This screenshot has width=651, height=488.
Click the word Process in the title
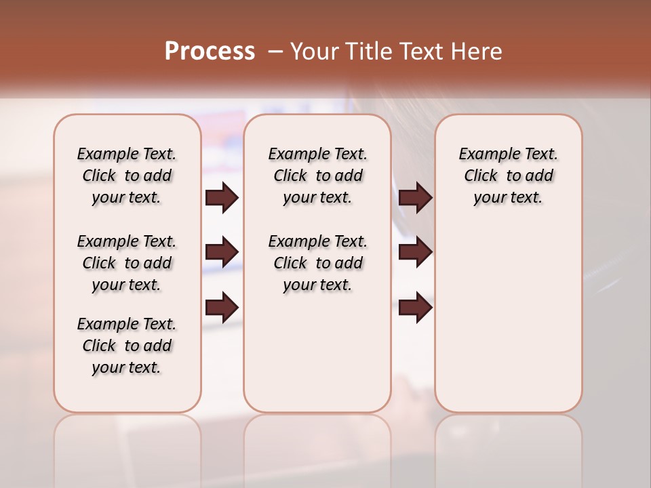pos(210,52)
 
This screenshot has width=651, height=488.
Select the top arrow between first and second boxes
pos(222,197)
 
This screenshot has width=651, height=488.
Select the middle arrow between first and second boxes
pos(222,252)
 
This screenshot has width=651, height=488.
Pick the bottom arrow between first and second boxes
pos(222,308)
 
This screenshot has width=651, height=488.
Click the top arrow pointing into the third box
pos(416,197)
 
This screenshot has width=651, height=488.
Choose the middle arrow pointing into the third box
pos(416,252)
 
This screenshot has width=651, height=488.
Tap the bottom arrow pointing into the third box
pos(416,308)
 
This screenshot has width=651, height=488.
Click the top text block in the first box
pos(127,176)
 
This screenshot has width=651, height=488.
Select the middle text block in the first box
pos(127,263)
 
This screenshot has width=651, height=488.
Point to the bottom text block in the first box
pos(127,346)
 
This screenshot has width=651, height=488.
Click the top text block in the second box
pos(317,176)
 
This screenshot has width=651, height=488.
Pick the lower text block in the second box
pos(317,263)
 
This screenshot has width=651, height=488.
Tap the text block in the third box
pos(508,176)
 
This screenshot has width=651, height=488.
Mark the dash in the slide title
pos(275,52)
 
